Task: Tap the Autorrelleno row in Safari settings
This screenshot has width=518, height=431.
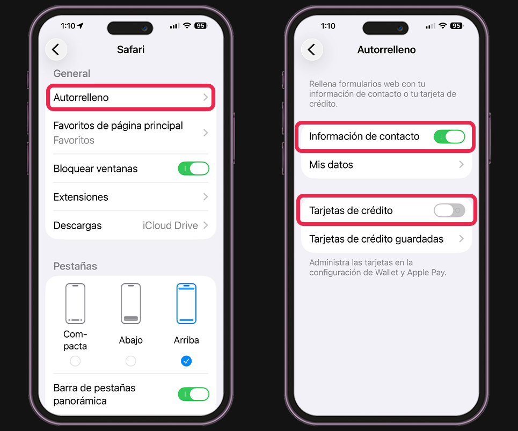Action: click(131, 98)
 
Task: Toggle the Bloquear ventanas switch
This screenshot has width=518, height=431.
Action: click(194, 169)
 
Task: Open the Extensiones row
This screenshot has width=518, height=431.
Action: click(131, 197)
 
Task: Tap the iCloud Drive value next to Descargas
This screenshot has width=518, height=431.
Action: click(170, 225)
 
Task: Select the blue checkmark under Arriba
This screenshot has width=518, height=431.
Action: click(186, 361)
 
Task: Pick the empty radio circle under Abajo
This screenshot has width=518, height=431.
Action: click(131, 361)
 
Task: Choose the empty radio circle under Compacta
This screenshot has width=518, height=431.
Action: click(75, 361)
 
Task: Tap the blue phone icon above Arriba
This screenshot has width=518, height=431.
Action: click(186, 303)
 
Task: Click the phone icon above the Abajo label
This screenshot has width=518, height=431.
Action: click(131, 303)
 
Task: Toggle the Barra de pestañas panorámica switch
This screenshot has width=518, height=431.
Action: click(194, 394)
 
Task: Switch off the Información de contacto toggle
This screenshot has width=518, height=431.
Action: click(449, 136)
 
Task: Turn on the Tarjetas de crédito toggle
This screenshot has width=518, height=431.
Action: click(449, 210)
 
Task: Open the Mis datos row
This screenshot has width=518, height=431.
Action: click(386, 164)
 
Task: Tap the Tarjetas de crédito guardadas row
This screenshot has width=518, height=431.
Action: click(386, 239)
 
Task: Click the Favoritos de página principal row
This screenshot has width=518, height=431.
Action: click(131, 133)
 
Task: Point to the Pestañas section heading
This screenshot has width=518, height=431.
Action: click(75, 266)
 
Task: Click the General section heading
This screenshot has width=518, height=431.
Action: click(72, 74)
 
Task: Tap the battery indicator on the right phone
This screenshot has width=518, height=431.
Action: click(457, 26)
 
